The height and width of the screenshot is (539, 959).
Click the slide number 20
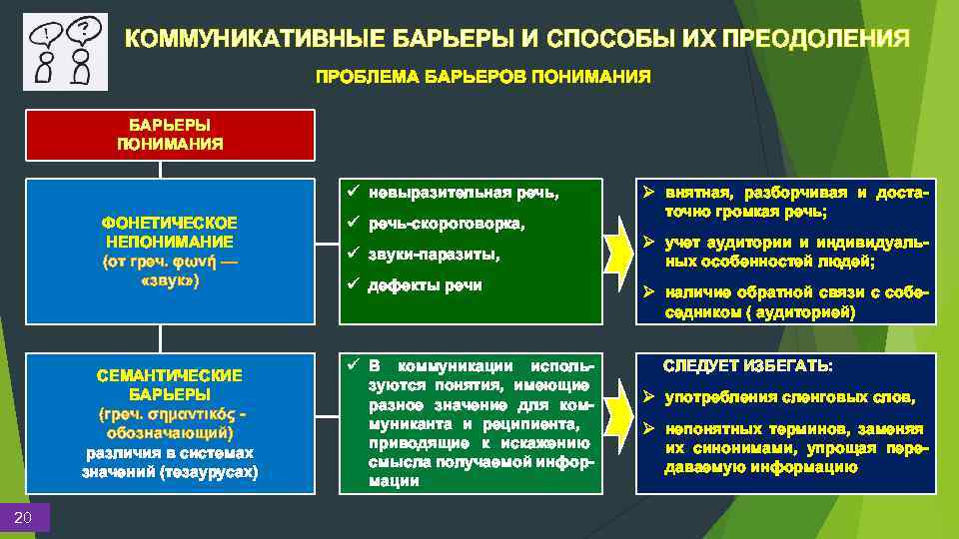24,516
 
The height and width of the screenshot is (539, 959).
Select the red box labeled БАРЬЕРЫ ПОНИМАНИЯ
170,135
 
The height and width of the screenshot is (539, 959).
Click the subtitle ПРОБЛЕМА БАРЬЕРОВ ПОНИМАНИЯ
482,77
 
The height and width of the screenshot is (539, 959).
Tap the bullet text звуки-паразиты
433,255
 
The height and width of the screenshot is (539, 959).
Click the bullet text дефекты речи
425,285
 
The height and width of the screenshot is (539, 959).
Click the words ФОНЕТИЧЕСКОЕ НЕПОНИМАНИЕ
170,232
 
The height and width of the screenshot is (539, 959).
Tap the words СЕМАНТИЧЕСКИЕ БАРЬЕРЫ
170,385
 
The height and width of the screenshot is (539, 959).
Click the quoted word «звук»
170,281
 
